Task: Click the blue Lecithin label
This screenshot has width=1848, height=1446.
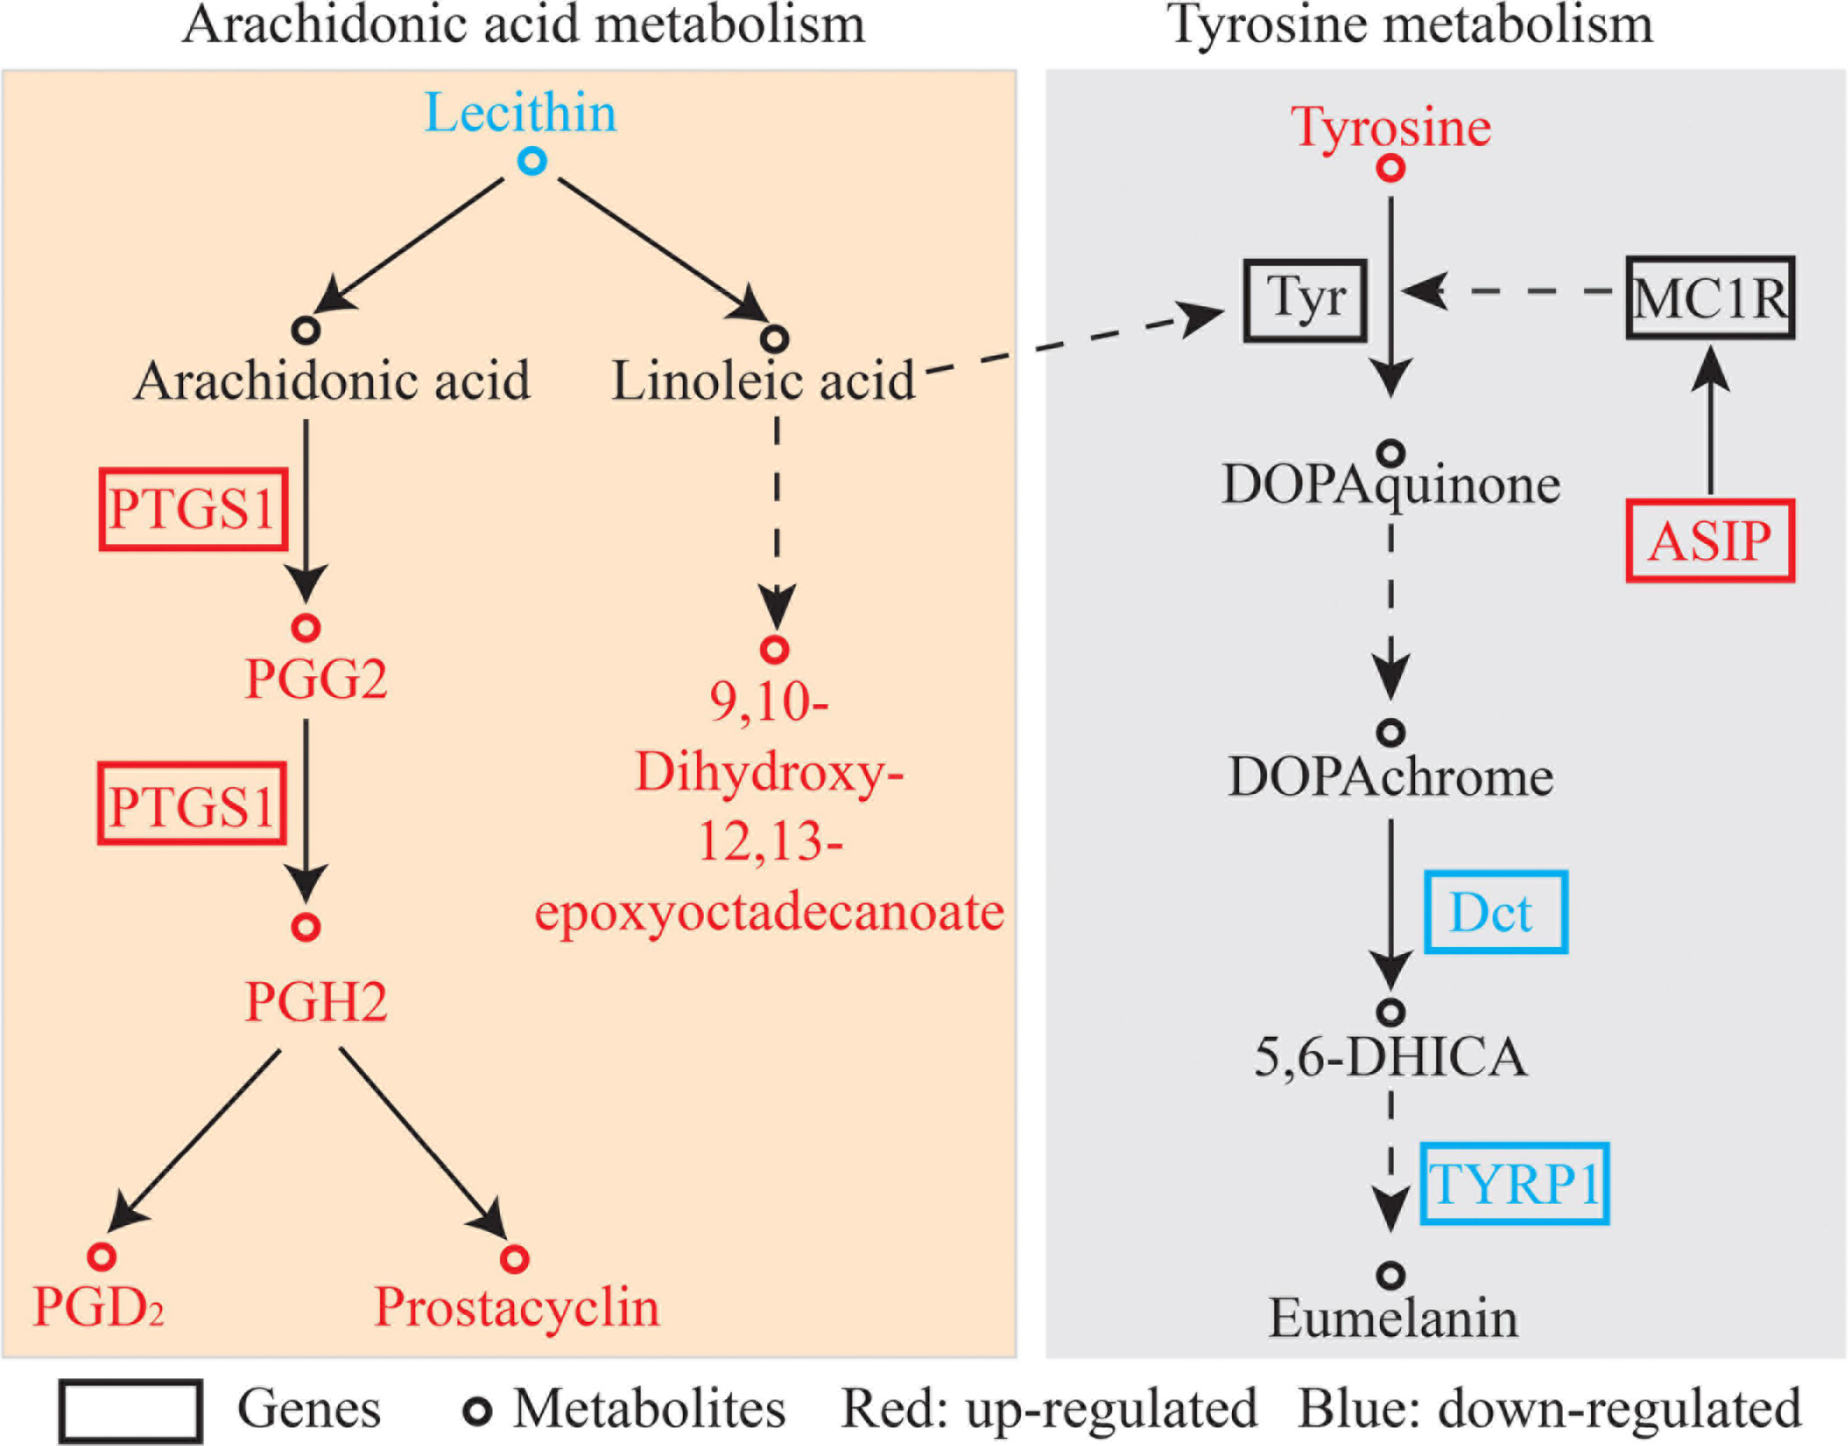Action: tap(520, 114)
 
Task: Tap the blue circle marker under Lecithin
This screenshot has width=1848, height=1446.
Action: tap(532, 161)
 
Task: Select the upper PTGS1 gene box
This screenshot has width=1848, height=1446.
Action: tap(194, 510)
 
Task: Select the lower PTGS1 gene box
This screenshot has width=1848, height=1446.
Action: tap(192, 804)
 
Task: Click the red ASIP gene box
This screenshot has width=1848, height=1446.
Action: tap(1709, 541)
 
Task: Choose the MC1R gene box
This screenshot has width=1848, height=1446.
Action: tap(1709, 298)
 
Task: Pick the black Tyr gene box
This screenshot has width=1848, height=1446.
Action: tap(1305, 300)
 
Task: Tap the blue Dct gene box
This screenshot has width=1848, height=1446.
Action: tap(1495, 913)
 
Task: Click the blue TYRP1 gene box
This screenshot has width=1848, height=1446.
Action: tap(1514, 1184)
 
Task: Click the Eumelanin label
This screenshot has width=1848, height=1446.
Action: tap(1393, 1318)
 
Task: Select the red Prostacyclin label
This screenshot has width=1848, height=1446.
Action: tap(517, 1307)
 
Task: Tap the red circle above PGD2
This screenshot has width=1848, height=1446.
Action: tap(102, 1256)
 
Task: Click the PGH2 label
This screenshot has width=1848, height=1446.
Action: tap(316, 1002)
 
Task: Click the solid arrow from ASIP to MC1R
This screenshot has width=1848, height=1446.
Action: tap(1710, 422)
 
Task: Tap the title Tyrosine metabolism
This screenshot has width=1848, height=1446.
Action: tap(1410, 25)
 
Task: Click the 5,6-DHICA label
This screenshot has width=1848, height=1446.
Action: tap(1390, 1057)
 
